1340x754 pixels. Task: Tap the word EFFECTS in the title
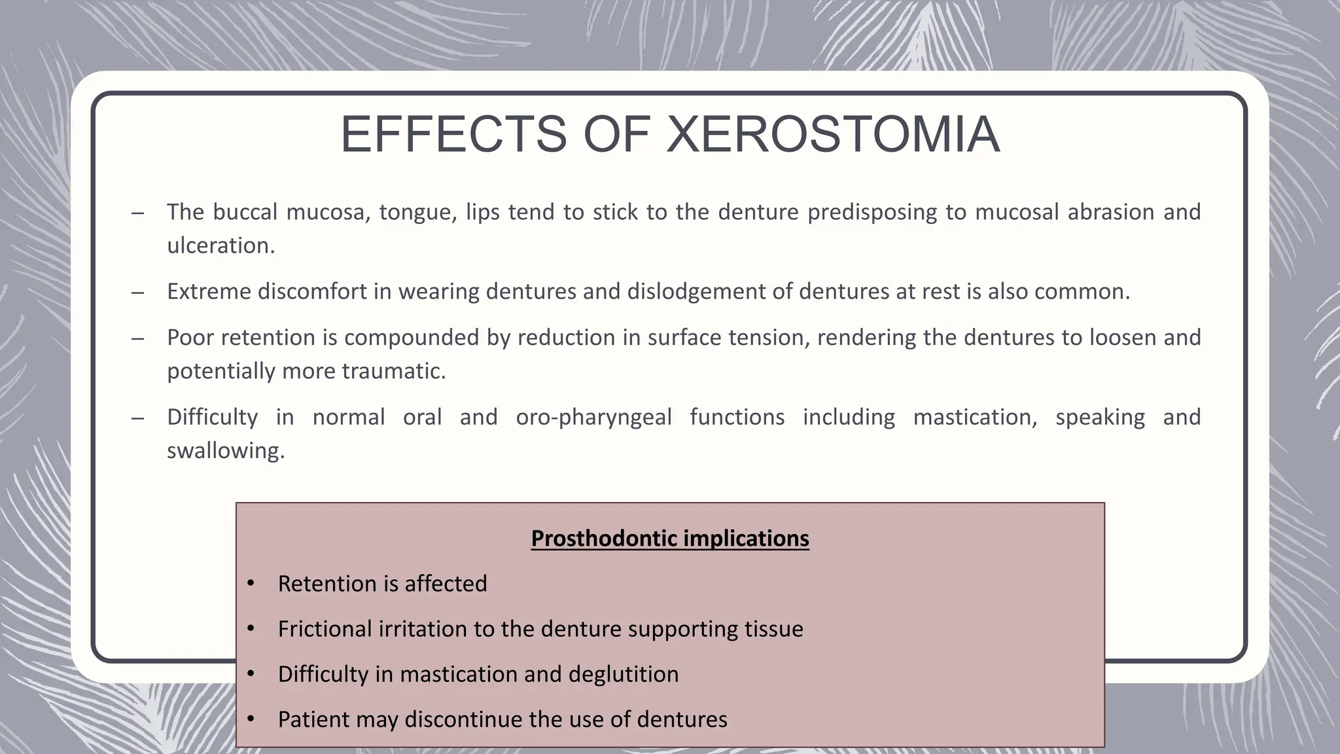coord(453,135)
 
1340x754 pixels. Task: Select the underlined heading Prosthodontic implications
coord(669,539)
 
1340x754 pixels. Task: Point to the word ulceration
coord(220,245)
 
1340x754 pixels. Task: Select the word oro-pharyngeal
coord(593,417)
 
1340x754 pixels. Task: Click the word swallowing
coord(225,450)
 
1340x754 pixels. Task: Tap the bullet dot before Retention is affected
coord(251,583)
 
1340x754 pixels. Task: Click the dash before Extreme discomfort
coord(137,292)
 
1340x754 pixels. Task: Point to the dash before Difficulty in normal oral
coord(137,418)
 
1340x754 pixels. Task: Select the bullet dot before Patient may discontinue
coord(251,719)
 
